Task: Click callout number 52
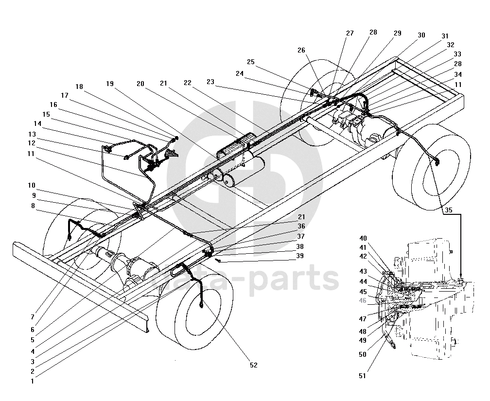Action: click(253, 365)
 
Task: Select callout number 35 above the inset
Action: click(448, 210)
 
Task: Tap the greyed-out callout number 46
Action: click(363, 300)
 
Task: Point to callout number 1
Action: click(32, 381)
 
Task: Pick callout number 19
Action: click(110, 84)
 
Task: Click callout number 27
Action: click(350, 33)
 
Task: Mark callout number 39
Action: click(299, 256)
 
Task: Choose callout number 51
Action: click(362, 376)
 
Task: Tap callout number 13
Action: click(32, 134)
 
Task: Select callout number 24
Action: click(240, 73)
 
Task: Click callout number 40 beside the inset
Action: click(363, 239)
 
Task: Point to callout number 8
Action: click(33, 206)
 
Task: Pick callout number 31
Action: click(445, 36)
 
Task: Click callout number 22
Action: click(188, 83)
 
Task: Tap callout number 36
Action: click(301, 226)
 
